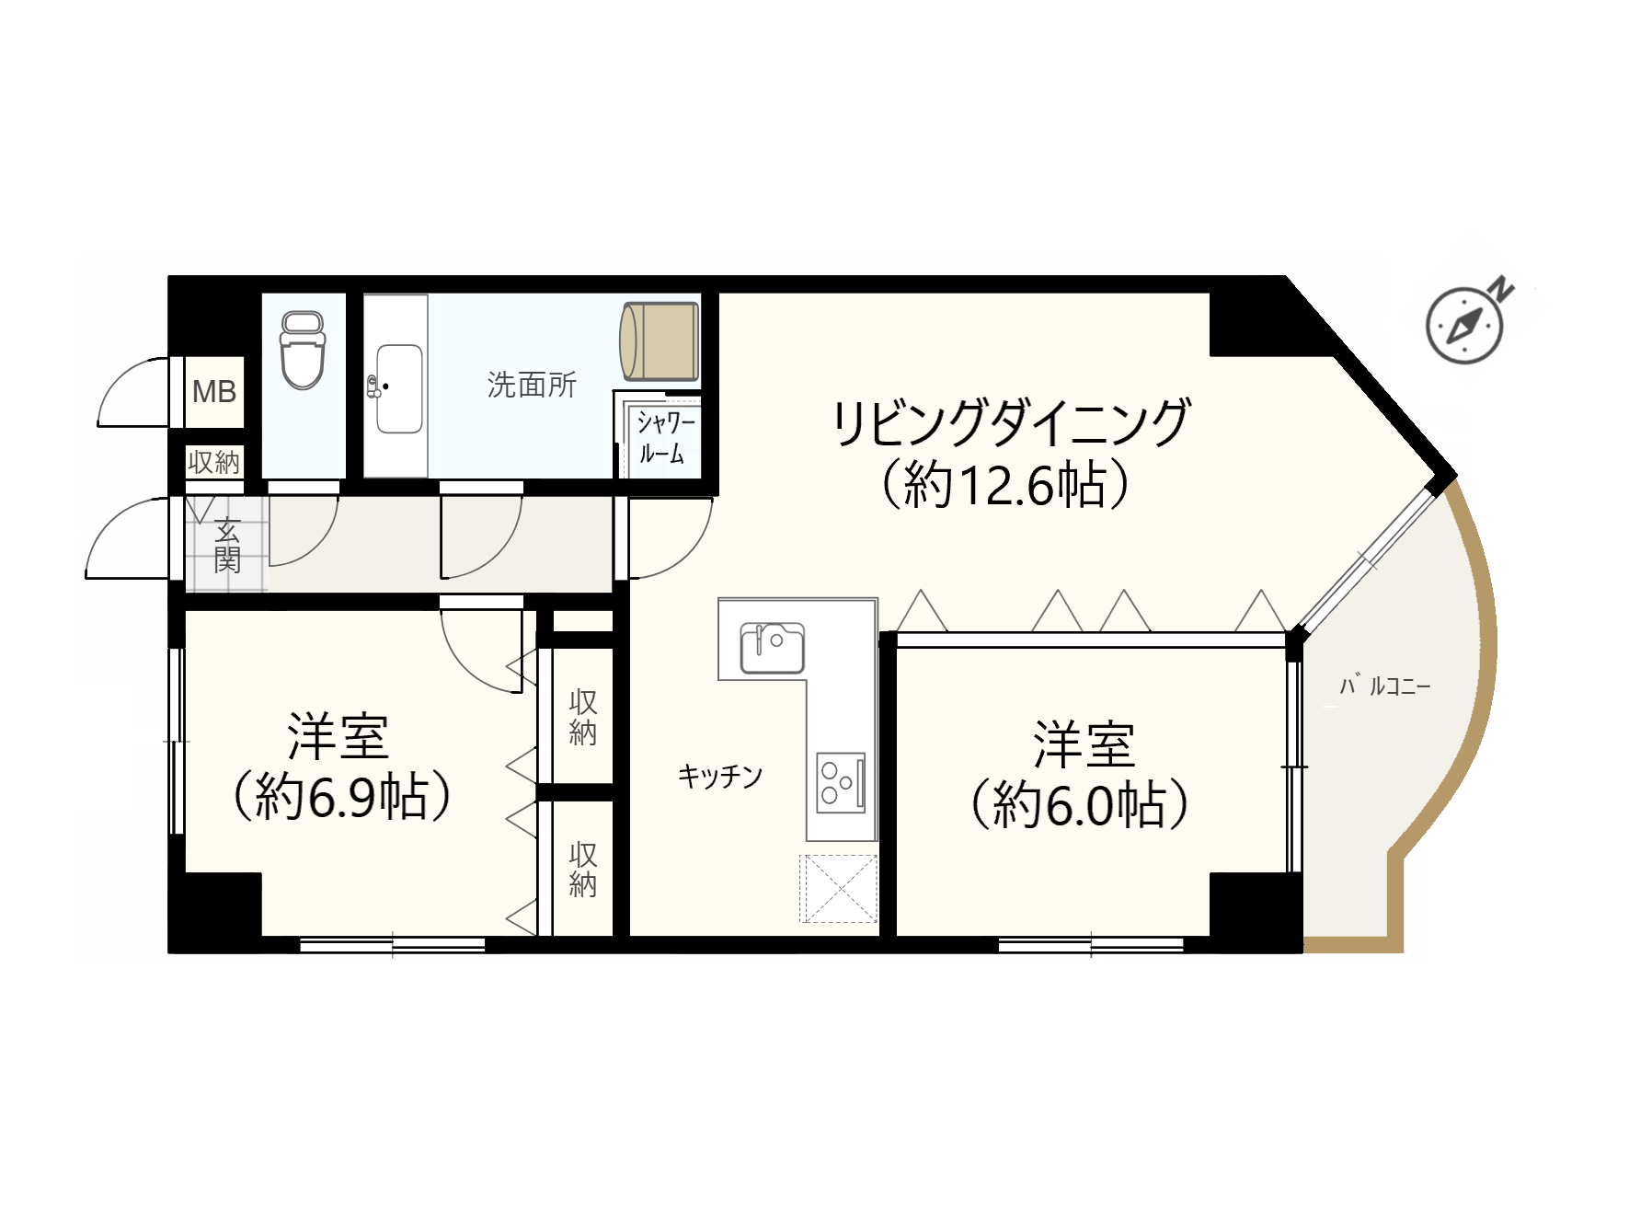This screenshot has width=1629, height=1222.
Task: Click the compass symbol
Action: coord(1463,325)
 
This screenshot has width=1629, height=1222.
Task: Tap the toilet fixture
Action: coord(303,350)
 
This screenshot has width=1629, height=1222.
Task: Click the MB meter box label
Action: coord(214,392)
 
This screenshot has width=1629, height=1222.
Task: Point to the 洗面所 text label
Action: coord(532,385)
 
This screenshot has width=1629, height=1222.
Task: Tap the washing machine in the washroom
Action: coord(660,340)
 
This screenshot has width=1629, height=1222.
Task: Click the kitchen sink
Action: coord(773,648)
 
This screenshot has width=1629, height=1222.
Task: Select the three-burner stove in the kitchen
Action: coord(841,783)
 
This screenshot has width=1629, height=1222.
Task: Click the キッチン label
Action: coord(720,777)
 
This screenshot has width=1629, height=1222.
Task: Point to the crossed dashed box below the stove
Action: coord(838,888)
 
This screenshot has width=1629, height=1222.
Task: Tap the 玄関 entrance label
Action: coord(227,545)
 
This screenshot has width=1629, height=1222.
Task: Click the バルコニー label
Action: coord(1384,686)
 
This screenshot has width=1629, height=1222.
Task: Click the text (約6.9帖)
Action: coord(342,796)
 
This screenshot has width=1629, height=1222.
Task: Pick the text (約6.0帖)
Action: coord(1080,805)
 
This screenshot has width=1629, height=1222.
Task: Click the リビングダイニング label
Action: coord(1011,422)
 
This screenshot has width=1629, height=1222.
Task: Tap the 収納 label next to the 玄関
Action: coord(213,462)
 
